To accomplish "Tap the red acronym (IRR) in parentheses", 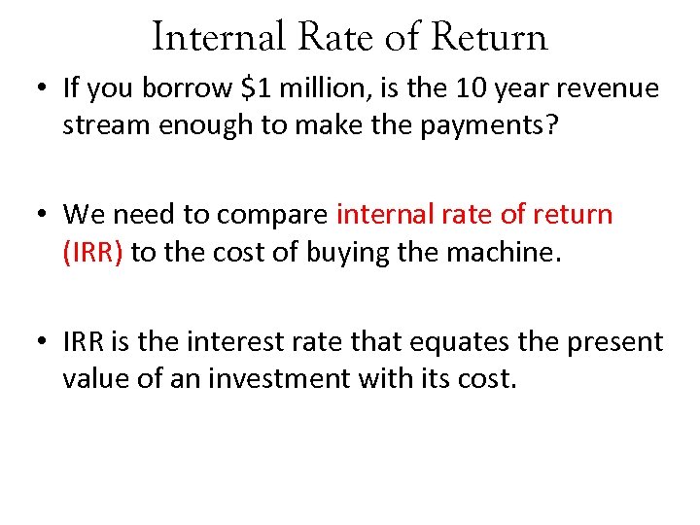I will (x=92, y=252).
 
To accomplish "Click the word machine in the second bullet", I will (x=509, y=252).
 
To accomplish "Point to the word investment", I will (x=293, y=378).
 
